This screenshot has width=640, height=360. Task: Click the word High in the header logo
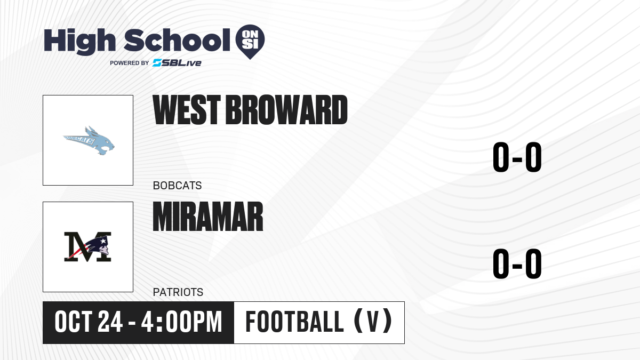point(79,41)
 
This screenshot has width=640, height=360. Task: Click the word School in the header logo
point(177,40)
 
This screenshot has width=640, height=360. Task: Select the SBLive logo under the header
point(177,63)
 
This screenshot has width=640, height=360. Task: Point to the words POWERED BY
point(130,63)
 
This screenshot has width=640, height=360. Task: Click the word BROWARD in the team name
point(286,110)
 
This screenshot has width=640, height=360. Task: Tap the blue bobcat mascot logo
point(89,141)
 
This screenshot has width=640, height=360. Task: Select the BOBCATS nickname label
point(178,186)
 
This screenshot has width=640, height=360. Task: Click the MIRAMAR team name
point(208,217)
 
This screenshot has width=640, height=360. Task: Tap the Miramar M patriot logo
point(87,247)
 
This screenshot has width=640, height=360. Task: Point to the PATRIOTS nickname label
point(178,292)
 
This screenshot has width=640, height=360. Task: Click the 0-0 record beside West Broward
point(517,157)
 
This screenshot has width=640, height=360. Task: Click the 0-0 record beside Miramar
point(517,263)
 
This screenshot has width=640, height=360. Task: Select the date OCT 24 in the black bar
point(89,322)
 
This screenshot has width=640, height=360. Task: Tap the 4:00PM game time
point(182,322)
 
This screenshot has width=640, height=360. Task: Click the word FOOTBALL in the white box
point(294,322)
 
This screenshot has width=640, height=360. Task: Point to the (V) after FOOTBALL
point(373,321)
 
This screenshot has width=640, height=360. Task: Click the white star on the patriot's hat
point(103,242)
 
